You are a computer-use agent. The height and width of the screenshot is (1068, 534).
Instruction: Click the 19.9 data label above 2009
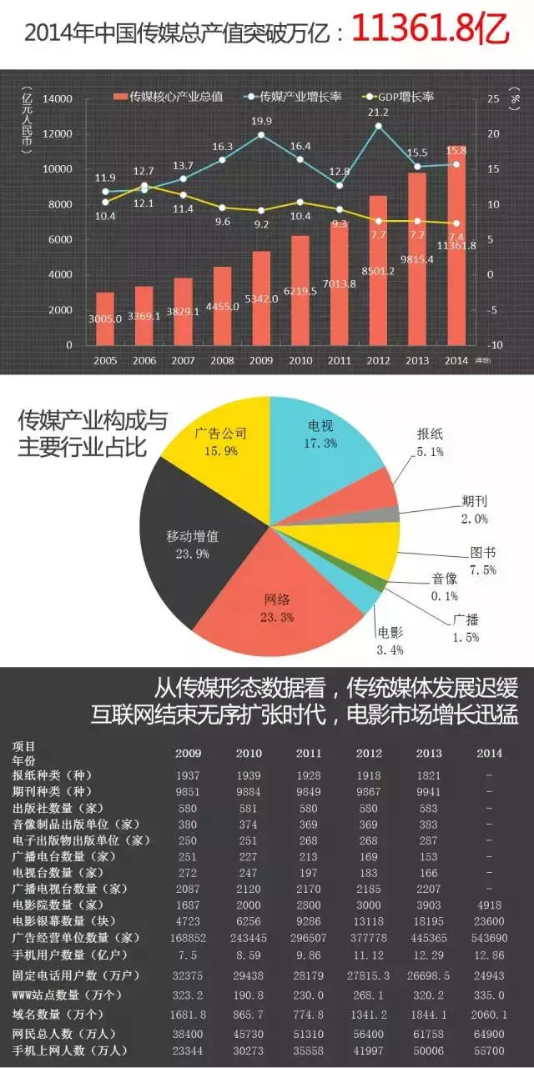[261, 122]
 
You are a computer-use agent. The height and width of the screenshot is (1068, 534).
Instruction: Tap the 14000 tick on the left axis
[61, 99]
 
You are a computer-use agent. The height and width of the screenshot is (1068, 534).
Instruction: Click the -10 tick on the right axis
[496, 345]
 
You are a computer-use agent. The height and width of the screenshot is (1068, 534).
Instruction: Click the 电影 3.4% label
[390, 639]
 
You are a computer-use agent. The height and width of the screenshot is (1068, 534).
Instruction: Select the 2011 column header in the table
[308, 753]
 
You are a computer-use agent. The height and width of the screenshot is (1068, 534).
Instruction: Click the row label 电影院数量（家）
[62, 905]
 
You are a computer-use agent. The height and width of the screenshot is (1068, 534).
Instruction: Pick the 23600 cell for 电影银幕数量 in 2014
[489, 921]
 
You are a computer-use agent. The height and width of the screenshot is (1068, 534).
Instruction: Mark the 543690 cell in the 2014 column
[489, 936]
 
